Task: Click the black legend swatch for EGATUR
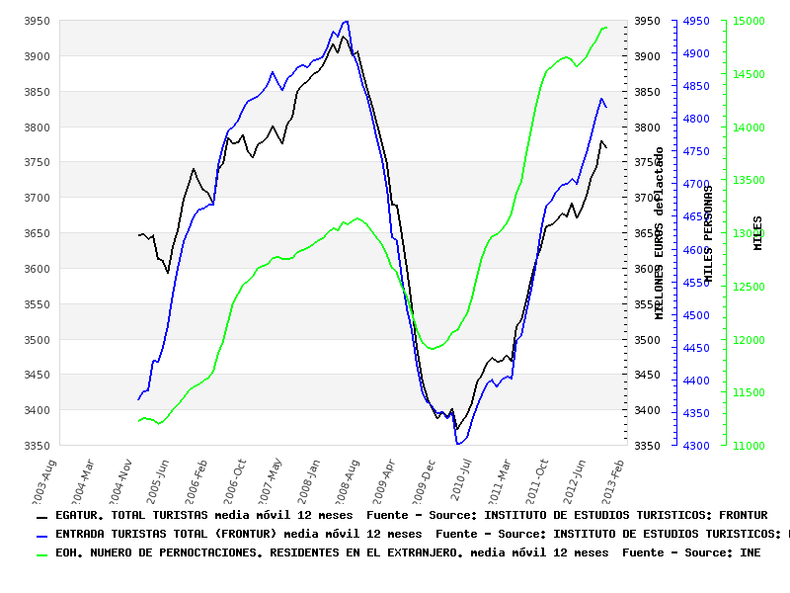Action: point(41,517)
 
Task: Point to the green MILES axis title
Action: point(758,232)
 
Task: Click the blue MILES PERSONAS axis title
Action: point(708,236)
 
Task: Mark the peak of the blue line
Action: point(345,21)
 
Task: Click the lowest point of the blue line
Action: point(458,445)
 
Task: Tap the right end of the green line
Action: point(606,28)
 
